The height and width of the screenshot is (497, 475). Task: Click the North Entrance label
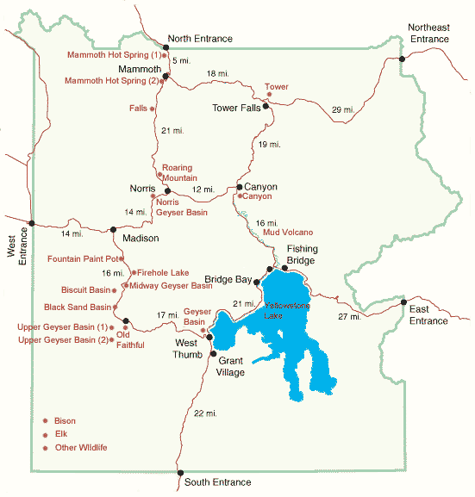point(202,38)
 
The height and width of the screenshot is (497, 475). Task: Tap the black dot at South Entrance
point(180,473)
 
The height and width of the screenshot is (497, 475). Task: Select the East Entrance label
point(428,314)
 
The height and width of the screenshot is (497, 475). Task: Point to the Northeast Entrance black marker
point(403,59)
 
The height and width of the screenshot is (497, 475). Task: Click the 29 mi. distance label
point(342,109)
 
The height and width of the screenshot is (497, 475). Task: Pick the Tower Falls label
point(236,108)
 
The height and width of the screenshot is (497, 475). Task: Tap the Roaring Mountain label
point(178,173)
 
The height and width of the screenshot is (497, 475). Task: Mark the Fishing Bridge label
point(303,254)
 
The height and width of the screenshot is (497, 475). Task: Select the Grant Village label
point(232,366)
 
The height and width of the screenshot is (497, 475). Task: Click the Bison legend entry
point(66,421)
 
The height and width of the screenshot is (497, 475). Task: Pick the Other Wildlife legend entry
point(80,448)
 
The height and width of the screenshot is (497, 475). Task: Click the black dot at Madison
point(113,229)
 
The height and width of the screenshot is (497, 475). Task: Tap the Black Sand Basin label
point(78,307)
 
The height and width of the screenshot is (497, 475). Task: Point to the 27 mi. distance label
point(349,317)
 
